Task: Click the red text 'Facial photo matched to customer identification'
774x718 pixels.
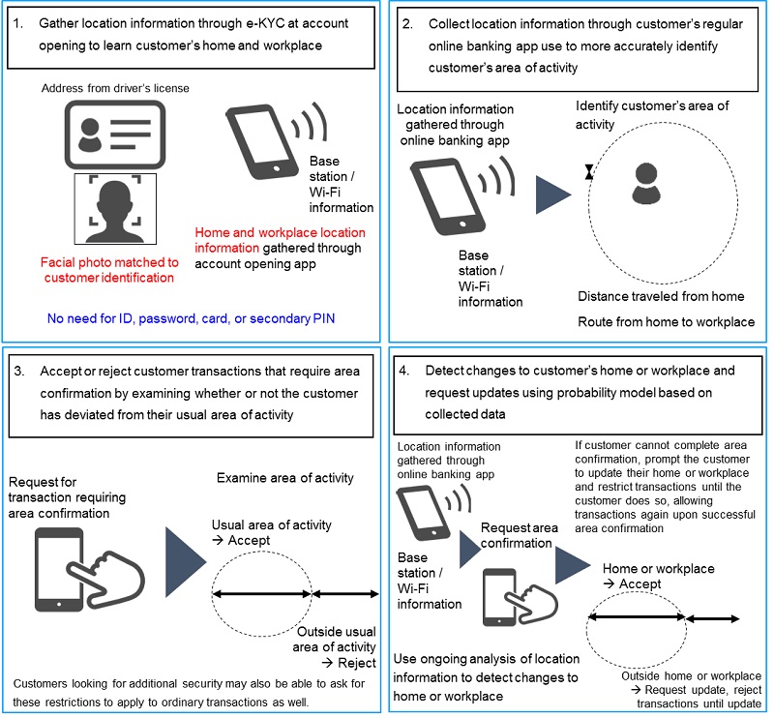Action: [x=107, y=270]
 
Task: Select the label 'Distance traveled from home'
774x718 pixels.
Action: [x=661, y=296]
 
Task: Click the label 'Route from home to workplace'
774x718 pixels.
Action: [x=665, y=321]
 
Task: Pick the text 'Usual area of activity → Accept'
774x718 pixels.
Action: [x=271, y=532]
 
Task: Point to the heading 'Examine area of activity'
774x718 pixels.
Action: [x=287, y=479]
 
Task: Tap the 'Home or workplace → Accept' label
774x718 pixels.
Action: [x=658, y=577]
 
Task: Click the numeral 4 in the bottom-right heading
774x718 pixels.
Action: [x=404, y=371]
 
